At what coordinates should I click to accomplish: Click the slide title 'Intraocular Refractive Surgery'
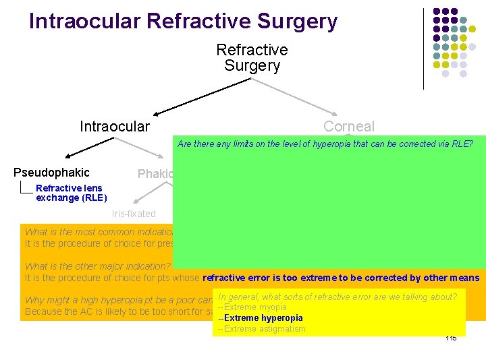pos(183,22)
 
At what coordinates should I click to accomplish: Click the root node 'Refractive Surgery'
pos(252,58)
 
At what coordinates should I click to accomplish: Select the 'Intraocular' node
pos(115,126)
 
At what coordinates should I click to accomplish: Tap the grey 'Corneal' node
pos(348,126)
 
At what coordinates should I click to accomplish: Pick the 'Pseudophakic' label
pos(51,173)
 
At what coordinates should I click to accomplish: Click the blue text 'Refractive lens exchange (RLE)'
pos(70,193)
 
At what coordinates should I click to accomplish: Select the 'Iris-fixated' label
pos(134,214)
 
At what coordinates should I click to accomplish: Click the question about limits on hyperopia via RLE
pos(325,144)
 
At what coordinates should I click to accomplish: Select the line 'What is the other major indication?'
pos(99,266)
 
